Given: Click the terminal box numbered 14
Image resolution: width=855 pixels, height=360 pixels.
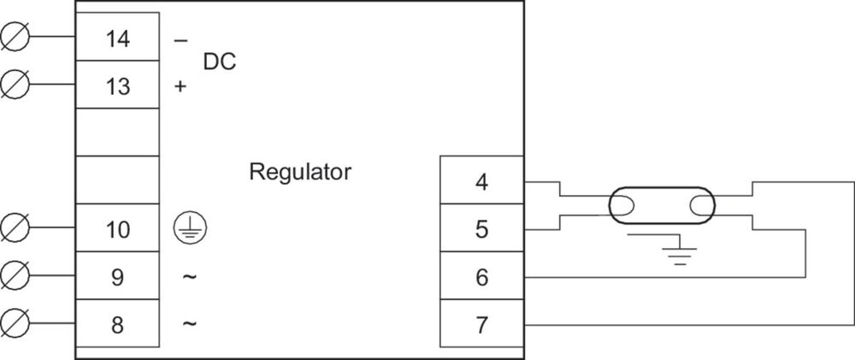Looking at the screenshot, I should (118, 38).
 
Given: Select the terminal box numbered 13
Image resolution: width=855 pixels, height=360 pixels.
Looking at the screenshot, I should (118, 86).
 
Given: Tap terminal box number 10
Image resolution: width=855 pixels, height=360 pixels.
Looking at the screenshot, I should (118, 229).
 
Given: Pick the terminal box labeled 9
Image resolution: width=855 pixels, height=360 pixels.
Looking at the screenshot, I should (118, 277).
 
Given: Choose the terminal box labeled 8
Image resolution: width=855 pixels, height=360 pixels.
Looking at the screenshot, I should (118, 324).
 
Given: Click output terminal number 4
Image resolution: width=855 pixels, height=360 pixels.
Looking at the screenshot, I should (481, 181).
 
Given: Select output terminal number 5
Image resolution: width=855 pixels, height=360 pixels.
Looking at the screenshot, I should (481, 229).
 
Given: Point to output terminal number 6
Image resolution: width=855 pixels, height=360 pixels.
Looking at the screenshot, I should (481, 277).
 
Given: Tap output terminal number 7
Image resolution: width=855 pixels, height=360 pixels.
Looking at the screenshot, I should (481, 324).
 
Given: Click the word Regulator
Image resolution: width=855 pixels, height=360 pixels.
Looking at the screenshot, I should (300, 172).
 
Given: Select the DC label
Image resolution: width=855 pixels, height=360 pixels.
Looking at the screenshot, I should (219, 62).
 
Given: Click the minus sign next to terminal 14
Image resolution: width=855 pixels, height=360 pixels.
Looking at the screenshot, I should (180, 40).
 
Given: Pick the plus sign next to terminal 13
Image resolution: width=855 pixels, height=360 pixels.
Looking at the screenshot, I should (180, 86).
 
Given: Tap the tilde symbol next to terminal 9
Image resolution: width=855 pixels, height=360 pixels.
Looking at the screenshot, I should (190, 277).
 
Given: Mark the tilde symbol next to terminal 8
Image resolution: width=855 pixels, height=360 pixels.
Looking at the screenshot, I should (190, 324).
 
